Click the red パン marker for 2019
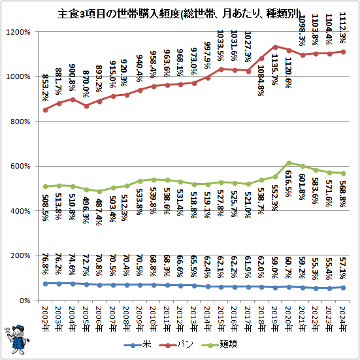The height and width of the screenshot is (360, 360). pyautogui.click(x=276, y=46)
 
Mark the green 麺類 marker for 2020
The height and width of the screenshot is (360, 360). pyautogui.click(x=289, y=163)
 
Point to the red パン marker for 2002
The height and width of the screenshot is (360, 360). pyautogui.click(x=45, y=110)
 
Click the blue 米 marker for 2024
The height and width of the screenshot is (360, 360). pyautogui.click(x=344, y=287)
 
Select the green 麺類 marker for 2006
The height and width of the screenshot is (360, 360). pyautogui.click(x=99, y=191)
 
